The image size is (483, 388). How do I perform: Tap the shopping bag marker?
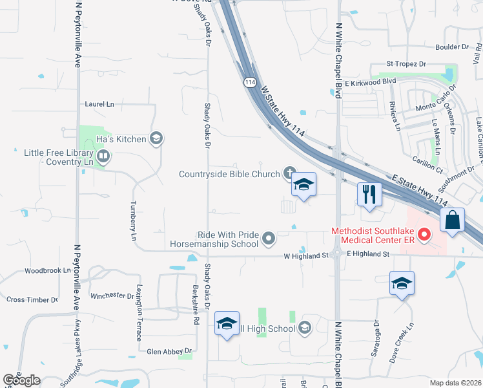[453, 219]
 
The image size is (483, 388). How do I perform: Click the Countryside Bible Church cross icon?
[289, 173]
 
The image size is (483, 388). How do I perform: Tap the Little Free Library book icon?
[103, 156]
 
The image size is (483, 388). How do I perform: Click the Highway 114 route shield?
[250, 82]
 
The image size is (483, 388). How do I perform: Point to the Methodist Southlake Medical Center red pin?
[424, 235]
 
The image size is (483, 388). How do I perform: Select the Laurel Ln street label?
[99, 103]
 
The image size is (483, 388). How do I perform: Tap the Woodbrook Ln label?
[47, 270]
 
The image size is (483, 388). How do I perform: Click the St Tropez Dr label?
[406, 64]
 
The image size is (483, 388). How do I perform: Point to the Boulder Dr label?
[451, 47]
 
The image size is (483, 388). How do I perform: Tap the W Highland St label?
[307, 255]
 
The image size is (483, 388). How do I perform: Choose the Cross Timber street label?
[32, 299]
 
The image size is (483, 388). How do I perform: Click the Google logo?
[21, 380]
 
